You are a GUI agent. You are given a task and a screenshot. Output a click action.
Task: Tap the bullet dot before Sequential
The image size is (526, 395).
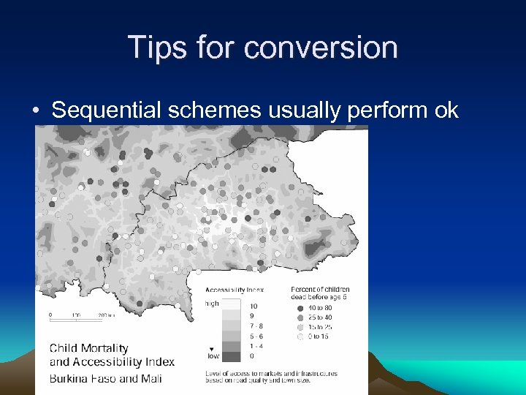pyautogui.click(x=35, y=111)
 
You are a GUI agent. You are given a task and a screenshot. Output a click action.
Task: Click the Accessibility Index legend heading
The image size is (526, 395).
pyautogui.click(x=234, y=289)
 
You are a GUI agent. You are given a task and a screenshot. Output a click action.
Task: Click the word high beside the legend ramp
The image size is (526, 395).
pyautogui.click(x=212, y=303)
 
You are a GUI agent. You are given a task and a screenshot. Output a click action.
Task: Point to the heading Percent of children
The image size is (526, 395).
pyautogui.click(x=320, y=289)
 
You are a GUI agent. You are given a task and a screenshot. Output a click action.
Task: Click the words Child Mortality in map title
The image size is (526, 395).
pyautogui.click(x=88, y=348)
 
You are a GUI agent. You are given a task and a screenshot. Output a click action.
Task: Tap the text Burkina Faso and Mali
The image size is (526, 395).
pyautogui.click(x=105, y=378)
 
